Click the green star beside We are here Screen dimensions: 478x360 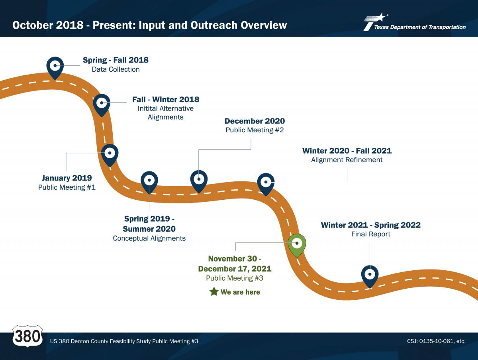point(214,291)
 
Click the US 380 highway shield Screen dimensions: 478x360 point(27,336)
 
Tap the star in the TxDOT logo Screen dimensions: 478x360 point(381,17)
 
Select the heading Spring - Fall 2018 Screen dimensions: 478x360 point(116,60)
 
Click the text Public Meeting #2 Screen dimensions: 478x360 point(255,130)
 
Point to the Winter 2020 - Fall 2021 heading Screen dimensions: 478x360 point(347,151)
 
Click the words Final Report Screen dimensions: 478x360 point(370,234)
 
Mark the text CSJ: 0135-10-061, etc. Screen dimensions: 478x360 point(436,341)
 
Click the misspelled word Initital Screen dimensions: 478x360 point(147,108)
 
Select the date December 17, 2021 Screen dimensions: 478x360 point(235,269)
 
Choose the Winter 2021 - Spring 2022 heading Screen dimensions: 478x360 point(370,225)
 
